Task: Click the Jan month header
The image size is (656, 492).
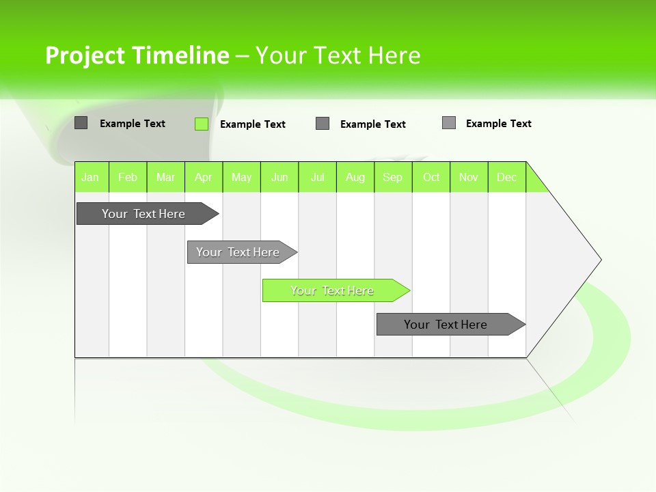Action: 91,177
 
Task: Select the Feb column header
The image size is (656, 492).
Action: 128,177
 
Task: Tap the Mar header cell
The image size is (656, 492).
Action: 165,177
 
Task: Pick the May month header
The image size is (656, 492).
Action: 241,177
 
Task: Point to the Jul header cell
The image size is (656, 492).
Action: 317,177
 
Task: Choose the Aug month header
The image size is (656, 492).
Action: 355,177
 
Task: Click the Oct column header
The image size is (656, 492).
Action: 431,177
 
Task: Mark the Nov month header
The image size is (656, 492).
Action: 469,177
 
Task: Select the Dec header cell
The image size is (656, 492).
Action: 506,177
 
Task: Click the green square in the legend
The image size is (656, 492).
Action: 202,124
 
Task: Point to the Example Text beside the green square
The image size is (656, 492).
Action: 253,124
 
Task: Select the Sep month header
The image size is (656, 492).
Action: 393,177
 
